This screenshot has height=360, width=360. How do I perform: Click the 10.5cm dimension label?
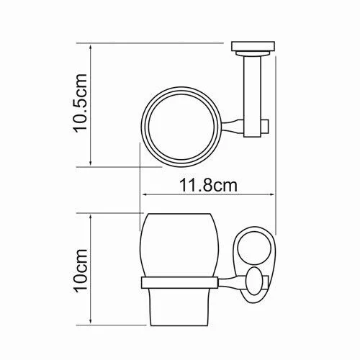coord(80,104)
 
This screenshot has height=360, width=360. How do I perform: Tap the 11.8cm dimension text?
coord(208,185)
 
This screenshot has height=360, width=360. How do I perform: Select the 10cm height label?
coord(81,271)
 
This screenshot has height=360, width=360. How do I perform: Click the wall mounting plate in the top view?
coord(253,46)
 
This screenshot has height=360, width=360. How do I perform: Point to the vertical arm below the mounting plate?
coord(252,96)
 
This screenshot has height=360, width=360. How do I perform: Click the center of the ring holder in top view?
coord(181,127)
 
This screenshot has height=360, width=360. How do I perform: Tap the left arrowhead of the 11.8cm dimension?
coord(145,194)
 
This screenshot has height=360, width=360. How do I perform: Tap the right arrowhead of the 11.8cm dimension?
coord(271,194)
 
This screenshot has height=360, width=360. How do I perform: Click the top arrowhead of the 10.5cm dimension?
coord(91,47)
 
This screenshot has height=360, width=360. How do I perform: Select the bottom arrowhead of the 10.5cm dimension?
coord(91,163)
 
